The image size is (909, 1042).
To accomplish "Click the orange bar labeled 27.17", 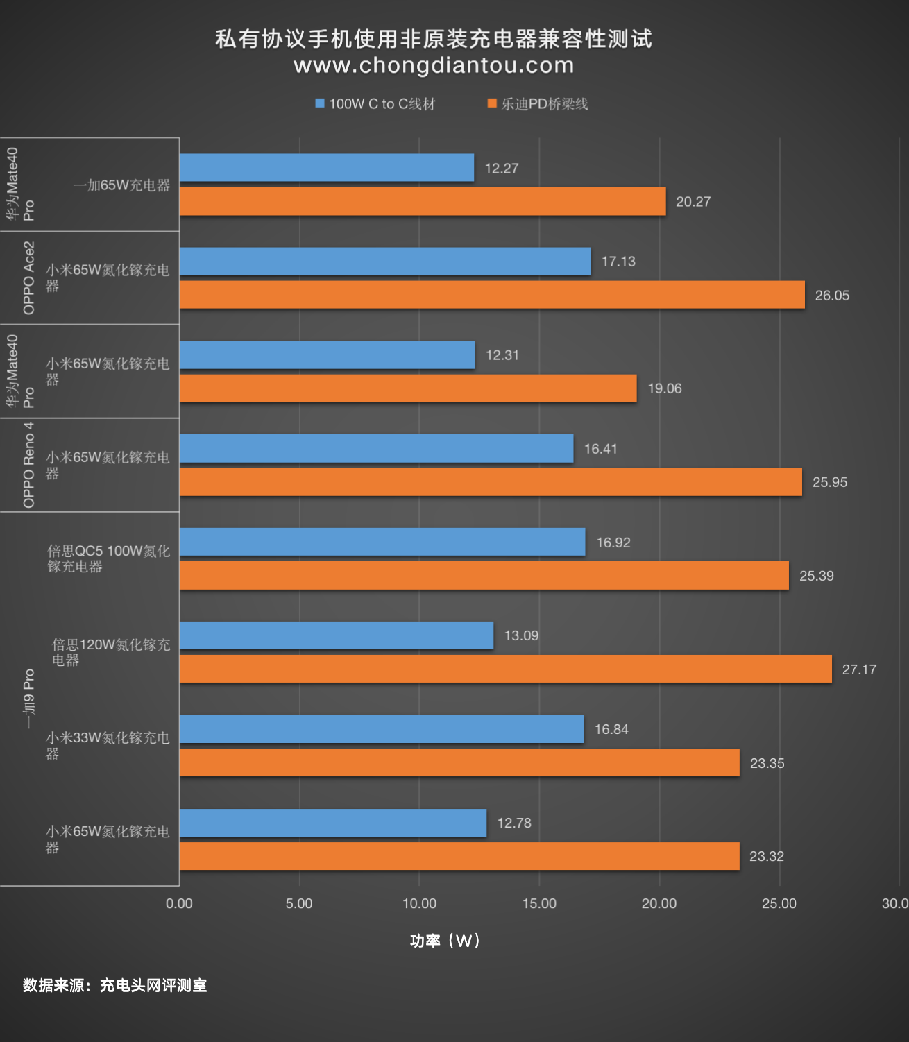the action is pos(506,669).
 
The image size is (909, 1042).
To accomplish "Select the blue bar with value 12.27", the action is pos(327,168).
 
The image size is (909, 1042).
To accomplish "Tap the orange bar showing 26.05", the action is pos(493,294).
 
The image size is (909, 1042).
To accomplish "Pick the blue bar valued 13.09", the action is pos(337,635).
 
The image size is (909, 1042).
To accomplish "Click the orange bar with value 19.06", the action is pos(409,388).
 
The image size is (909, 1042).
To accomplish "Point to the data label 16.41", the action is pos(600,449).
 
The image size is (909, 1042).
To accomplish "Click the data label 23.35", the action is pos(767,763).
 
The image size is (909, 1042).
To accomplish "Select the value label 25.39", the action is pos(816,576).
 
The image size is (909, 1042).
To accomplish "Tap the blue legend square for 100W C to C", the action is pos(320,103).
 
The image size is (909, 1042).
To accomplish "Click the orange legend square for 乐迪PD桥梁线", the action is pos(492,103).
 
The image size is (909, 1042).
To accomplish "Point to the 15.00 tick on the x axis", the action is pos(539,903).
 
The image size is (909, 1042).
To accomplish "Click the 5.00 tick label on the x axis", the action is pos(299,903).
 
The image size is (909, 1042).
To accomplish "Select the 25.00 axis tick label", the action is pos(779,903).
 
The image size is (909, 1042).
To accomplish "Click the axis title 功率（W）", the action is pos(445,941).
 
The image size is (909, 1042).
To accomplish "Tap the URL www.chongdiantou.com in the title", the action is pos(434,65).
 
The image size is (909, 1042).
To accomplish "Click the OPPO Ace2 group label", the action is pos(28,278).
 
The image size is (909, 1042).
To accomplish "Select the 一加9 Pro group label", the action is pos(28,699).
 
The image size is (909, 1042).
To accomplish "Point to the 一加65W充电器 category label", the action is pos(121,185).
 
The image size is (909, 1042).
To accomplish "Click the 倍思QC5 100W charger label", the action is pos(108,558).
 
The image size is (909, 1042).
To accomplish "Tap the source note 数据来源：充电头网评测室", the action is pos(115,986).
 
